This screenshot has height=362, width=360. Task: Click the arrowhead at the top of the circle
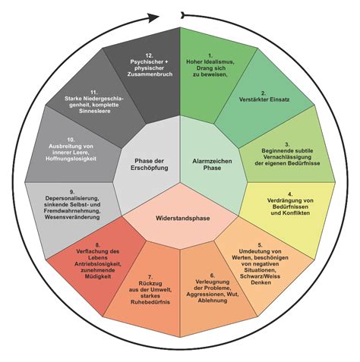[153, 17]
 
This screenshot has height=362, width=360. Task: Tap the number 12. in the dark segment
[150, 55]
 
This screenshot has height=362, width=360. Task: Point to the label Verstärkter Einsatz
[264, 99]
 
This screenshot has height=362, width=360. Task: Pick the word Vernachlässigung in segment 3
[287, 157]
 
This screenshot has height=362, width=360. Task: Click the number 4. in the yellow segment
[290, 194]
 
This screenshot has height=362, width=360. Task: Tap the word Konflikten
[295, 212]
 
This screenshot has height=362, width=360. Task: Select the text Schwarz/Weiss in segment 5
[260, 276]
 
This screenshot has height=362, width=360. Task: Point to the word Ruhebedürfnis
[150, 302]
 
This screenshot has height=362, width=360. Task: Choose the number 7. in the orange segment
[150, 277]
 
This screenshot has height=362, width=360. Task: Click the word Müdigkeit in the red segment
[98, 276]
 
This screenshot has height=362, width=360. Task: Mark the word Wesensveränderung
[72, 217]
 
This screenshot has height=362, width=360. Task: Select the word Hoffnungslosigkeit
[71, 159]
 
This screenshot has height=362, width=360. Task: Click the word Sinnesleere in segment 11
[95, 111]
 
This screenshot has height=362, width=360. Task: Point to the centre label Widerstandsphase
[183, 218]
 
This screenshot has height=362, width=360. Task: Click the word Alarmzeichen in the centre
[212, 161]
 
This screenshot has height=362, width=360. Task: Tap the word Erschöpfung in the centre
[150, 168]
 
